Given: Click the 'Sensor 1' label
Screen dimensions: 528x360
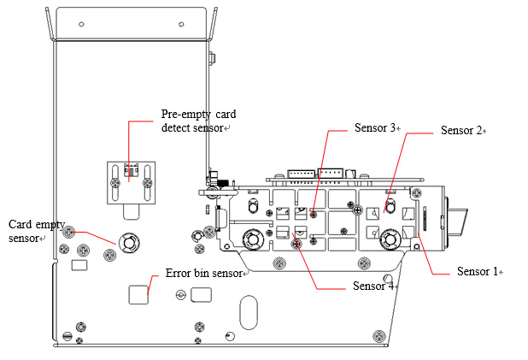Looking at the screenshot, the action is click(x=477, y=271).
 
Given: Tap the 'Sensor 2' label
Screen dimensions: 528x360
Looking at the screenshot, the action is click(x=461, y=131).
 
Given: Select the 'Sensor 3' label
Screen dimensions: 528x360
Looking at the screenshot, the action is click(x=375, y=127).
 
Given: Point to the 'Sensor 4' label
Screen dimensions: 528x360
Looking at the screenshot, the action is click(x=373, y=286).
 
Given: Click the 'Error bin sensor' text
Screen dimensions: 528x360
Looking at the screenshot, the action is click(x=204, y=273).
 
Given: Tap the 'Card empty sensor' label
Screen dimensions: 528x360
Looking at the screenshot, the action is click(x=37, y=231).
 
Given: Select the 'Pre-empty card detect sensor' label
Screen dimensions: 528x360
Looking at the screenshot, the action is click(x=198, y=121).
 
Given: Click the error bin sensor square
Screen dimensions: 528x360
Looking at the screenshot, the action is click(x=138, y=295).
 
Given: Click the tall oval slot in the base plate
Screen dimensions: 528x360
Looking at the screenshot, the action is click(x=249, y=312).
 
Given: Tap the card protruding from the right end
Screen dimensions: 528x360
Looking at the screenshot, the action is click(x=457, y=221).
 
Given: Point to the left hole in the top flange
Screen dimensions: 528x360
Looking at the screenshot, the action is click(x=81, y=24).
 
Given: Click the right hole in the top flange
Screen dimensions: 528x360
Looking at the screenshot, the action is click(x=181, y=24).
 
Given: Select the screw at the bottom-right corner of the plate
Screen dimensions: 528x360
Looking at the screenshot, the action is click(x=379, y=336).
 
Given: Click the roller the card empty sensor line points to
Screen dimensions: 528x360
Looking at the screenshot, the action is click(x=129, y=242).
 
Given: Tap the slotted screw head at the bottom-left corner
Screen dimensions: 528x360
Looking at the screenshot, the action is click(x=67, y=336).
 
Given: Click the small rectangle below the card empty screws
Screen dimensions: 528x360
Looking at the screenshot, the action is click(x=79, y=265).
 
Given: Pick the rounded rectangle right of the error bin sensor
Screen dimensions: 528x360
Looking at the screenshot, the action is click(x=201, y=295).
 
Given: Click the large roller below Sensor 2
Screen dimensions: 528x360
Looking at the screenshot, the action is click(x=390, y=239).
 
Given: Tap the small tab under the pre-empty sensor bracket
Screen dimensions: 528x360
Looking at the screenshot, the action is click(x=132, y=212).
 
